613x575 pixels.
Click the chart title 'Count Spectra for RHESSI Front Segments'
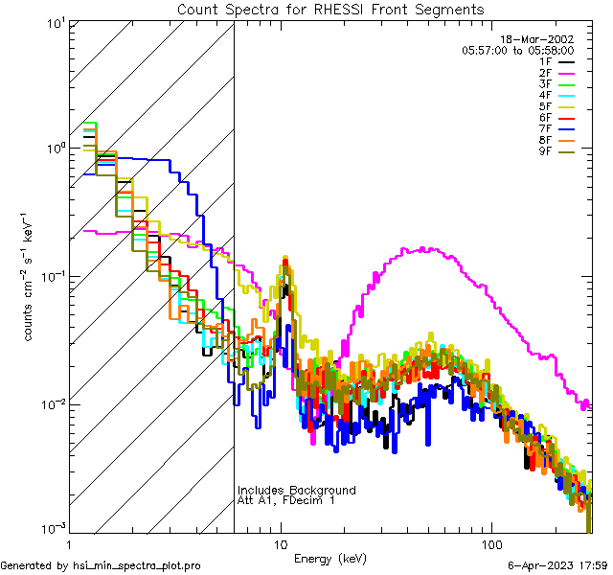330,10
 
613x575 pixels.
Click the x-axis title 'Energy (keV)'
329,558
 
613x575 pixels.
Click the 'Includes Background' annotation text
296,490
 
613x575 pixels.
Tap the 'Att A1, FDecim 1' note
285,500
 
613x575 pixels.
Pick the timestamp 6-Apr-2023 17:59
556,565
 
